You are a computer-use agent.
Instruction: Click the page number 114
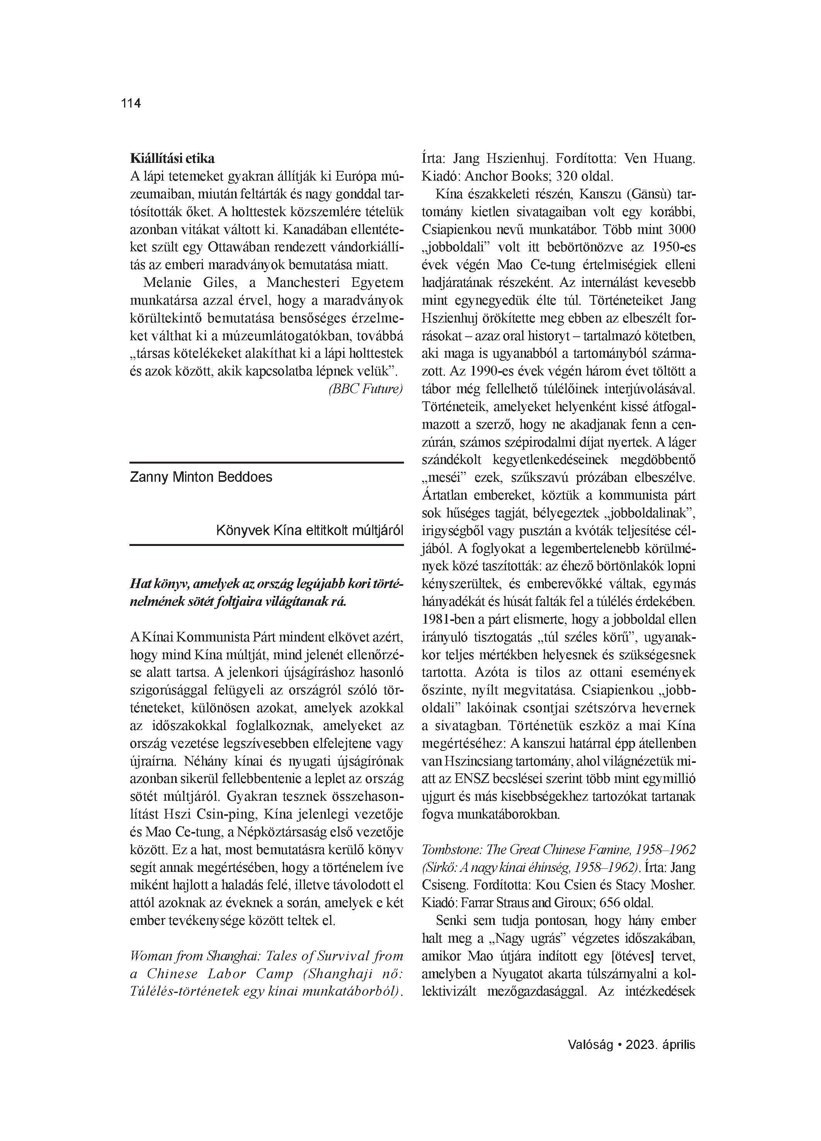[131, 103]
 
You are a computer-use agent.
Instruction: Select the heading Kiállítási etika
[172, 159]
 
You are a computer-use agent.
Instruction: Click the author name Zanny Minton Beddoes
[201, 477]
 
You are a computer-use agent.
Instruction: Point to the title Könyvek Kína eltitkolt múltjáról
[309, 530]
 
